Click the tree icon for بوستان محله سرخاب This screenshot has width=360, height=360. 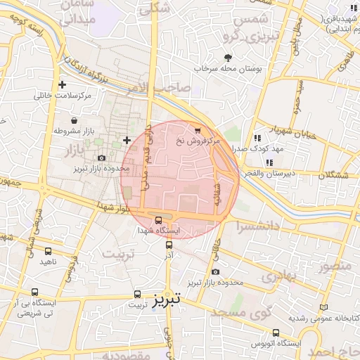point(228,58)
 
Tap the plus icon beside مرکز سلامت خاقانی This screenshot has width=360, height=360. point(63,85)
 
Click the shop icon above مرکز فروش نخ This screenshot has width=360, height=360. point(198,130)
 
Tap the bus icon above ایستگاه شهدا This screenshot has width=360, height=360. point(158,219)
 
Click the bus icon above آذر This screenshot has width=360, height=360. point(169,245)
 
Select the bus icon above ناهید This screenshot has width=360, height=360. point(48,251)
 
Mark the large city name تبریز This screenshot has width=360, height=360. point(167,298)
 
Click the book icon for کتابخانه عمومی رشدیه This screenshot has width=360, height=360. point(323,307)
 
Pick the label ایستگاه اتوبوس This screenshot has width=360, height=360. point(280,343)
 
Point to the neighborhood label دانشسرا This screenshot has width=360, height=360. point(258,226)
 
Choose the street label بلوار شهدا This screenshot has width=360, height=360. point(105,205)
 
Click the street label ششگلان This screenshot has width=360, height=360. point(333,174)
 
